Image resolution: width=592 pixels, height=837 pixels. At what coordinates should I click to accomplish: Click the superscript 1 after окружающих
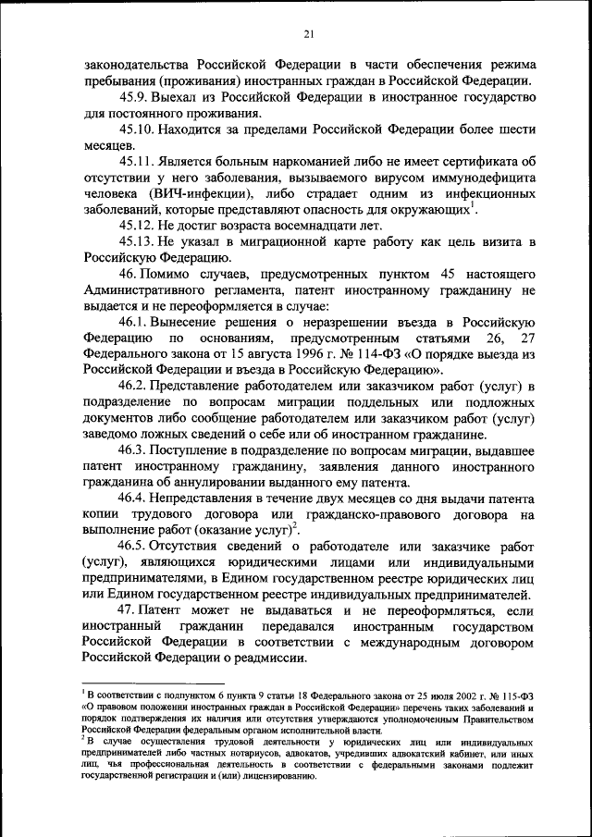(473, 204)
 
